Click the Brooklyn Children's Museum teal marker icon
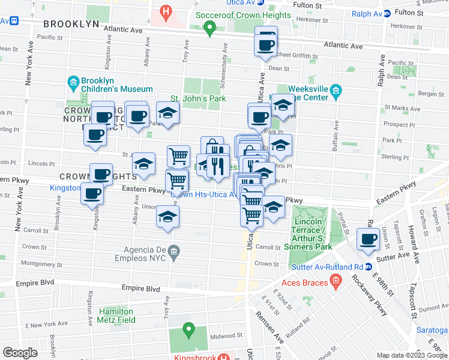73,82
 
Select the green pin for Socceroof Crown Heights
209,27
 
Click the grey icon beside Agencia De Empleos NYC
174,251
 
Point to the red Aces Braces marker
336,279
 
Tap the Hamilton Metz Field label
116,316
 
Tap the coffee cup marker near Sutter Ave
367,238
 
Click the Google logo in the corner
20,353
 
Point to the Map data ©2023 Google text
411,355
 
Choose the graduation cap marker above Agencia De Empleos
167,217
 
